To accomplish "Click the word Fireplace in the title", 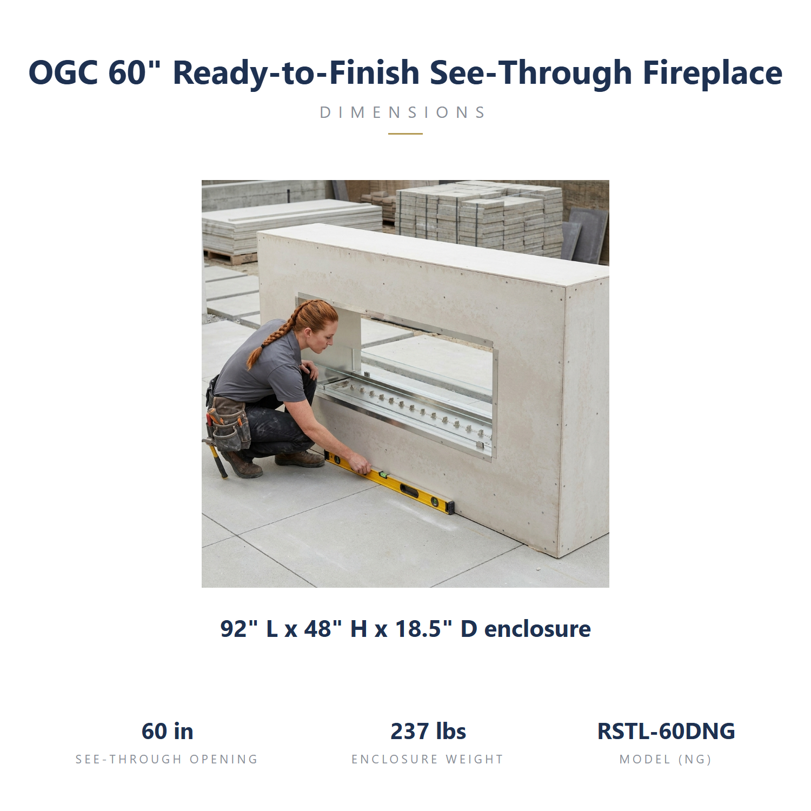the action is [712, 72].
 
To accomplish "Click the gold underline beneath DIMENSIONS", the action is [405, 134].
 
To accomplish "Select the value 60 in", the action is [168, 731].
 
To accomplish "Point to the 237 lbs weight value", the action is [428, 731].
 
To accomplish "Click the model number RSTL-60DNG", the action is [666, 731].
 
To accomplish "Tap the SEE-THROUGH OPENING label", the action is [167, 759].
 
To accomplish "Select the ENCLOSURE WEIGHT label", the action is [428, 759].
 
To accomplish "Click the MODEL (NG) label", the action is [666, 759].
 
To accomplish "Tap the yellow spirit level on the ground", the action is [389, 482].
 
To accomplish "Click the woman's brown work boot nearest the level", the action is [300, 459].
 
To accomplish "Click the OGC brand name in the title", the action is [63, 72].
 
